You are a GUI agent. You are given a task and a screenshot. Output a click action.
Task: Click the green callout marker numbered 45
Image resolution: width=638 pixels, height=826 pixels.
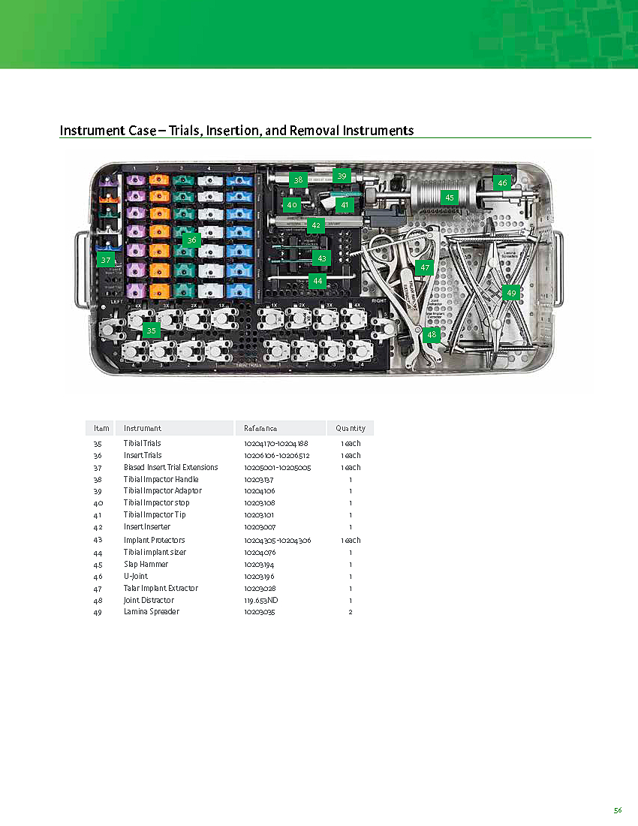[x=450, y=197]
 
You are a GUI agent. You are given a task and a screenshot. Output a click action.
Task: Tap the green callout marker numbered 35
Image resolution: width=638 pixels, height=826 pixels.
[x=152, y=330]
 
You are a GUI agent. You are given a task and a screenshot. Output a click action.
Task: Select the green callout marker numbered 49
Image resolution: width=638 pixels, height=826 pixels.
[x=511, y=292]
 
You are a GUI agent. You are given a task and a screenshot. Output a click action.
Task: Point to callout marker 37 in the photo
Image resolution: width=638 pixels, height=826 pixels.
[x=106, y=260]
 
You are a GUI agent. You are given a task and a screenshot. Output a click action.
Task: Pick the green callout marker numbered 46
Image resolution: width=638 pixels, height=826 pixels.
[x=502, y=182]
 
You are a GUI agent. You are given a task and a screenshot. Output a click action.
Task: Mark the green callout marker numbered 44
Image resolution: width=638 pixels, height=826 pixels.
[x=317, y=280]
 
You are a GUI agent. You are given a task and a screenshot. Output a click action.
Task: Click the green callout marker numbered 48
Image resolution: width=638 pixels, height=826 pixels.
[x=431, y=336]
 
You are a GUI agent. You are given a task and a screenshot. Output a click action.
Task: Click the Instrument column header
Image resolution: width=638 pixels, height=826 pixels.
[x=143, y=428]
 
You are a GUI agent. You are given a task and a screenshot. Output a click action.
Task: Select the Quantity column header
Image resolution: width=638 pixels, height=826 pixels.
[x=351, y=428]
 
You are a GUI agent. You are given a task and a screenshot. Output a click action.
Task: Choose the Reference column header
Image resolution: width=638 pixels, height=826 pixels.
[x=260, y=428]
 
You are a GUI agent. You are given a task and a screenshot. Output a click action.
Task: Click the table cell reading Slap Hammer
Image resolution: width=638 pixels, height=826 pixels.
[x=146, y=564]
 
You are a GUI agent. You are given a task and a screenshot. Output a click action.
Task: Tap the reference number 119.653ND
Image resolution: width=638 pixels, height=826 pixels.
[x=261, y=600]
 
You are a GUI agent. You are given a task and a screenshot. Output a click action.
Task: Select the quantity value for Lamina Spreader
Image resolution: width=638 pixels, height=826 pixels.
[x=351, y=612]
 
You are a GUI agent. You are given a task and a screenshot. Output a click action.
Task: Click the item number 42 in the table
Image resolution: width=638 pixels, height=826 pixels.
[x=98, y=527]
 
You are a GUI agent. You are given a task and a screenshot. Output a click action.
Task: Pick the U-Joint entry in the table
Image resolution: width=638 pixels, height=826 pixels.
[x=136, y=576]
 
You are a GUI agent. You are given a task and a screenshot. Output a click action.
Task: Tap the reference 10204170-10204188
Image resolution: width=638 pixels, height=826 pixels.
[x=276, y=444]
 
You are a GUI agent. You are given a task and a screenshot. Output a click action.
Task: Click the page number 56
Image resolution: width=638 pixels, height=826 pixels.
[x=618, y=810]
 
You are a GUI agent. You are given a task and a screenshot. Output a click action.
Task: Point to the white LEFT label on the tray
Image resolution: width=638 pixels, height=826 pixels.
[x=116, y=301]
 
